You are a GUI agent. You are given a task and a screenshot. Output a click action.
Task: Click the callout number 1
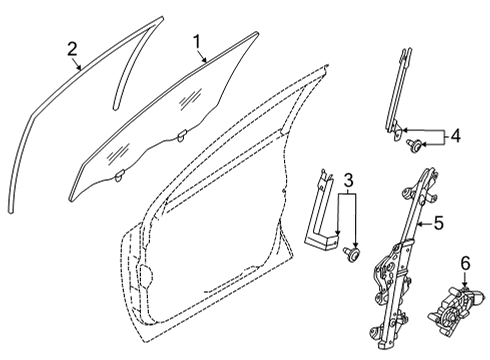pos(197,42)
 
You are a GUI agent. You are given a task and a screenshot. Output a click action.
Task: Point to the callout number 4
pos(456,134)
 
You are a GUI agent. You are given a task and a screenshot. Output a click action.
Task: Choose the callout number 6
pos(464,263)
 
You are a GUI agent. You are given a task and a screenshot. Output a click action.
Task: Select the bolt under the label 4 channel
pos(413,148)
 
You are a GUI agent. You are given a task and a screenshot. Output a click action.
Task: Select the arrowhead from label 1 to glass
pos(208,63)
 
